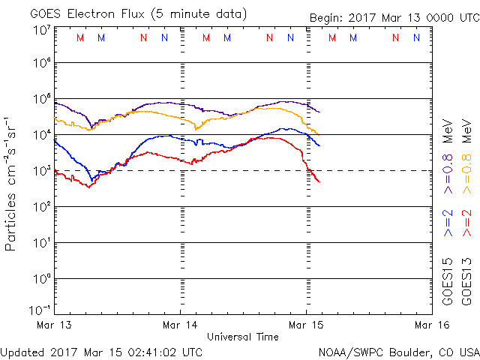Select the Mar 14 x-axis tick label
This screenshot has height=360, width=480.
(x=181, y=325)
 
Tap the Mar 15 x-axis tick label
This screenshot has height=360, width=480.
(x=306, y=325)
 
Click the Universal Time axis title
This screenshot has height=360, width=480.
(x=243, y=337)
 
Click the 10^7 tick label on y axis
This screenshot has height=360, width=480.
(x=40, y=30)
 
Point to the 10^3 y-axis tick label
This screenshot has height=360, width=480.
(x=40, y=171)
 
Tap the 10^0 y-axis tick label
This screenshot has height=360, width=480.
(x=40, y=279)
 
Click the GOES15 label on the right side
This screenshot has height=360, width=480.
(x=448, y=281)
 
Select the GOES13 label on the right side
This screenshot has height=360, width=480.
(x=466, y=281)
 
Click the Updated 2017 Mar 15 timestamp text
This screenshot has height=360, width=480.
(x=101, y=351)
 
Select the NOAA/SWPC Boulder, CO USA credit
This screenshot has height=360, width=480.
(x=398, y=351)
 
